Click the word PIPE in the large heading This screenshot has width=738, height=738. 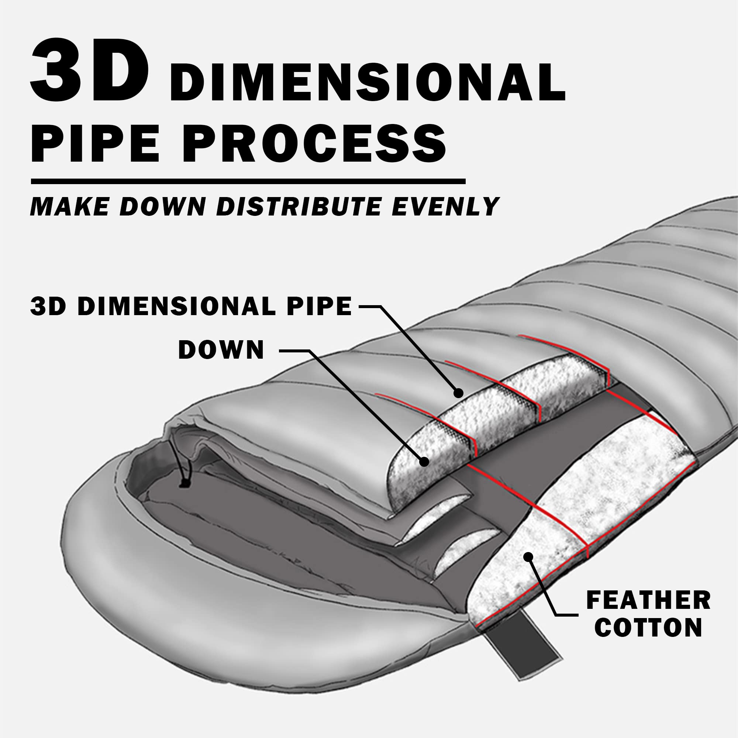(x=94, y=142)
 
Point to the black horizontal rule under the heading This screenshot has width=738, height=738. (x=248, y=182)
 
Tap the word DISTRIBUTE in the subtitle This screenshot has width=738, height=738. (x=298, y=207)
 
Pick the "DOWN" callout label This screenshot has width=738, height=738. (x=221, y=349)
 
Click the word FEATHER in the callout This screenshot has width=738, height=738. (x=648, y=600)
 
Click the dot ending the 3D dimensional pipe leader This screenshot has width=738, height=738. (x=458, y=393)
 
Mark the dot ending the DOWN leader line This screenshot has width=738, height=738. (x=424, y=462)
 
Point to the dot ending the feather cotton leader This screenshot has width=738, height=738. (x=528, y=556)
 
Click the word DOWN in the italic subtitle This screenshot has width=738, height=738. (x=163, y=207)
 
